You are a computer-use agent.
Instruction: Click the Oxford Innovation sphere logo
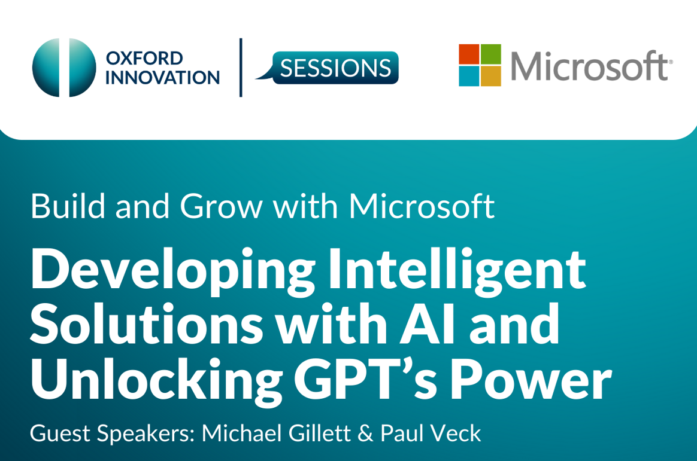coord(64,68)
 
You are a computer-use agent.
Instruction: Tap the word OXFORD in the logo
coord(144,58)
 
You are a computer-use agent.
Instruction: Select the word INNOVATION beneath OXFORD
coord(162,77)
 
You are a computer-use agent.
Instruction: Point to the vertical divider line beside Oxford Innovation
coord(241,68)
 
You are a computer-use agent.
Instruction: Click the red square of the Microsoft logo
coord(469,54)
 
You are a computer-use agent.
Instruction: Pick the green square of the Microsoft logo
coord(491,54)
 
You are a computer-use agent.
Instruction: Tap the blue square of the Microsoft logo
coord(469,76)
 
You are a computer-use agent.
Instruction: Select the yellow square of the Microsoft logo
coord(491,76)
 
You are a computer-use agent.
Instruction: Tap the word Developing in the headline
coord(173,271)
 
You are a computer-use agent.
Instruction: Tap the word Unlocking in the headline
coord(156,381)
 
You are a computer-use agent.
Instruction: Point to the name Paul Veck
coord(431,433)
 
